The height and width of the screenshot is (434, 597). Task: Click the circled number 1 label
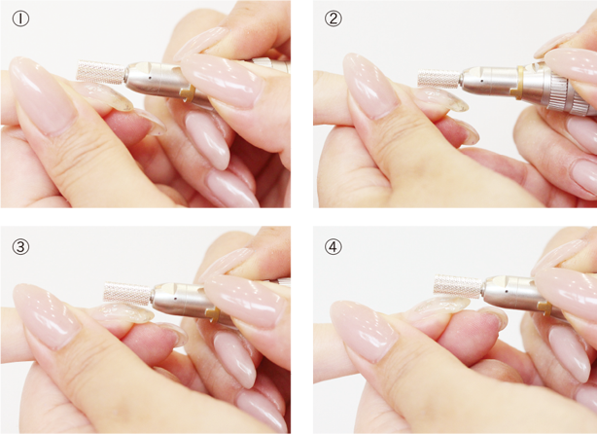click(x=20, y=18)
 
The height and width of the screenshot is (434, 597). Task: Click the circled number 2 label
click(x=334, y=18)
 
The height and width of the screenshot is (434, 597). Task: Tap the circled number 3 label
click(x=20, y=247)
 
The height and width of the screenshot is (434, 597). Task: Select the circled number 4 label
click(x=334, y=247)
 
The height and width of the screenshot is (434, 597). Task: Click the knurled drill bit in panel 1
click(x=101, y=71)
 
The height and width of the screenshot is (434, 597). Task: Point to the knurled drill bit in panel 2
click(x=439, y=78)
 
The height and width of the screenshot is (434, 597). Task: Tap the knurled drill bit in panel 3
click(x=128, y=293)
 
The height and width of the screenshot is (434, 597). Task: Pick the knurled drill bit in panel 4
click(x=458, y=286)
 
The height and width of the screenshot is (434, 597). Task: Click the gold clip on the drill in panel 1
click(x=188, y=92)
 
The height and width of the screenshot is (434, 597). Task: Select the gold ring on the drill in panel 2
click(x=519, y=83)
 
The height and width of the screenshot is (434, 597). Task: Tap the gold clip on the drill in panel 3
click(x=213, y=314)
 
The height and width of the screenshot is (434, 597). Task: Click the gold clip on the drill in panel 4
click(x=545, y=307)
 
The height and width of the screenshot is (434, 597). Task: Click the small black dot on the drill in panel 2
click(x=482, y=81)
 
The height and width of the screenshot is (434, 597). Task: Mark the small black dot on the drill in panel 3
click(x=175, y=299)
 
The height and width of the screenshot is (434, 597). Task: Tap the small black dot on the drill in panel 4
click(x=507, y=291)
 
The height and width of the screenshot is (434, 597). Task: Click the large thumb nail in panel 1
click(x=42, y=95)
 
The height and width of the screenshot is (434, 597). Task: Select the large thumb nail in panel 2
click(x=370, y=86)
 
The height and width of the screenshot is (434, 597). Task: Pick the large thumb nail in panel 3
click(x=47, y=315)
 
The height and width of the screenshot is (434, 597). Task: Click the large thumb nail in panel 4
click(x=364, y=331)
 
